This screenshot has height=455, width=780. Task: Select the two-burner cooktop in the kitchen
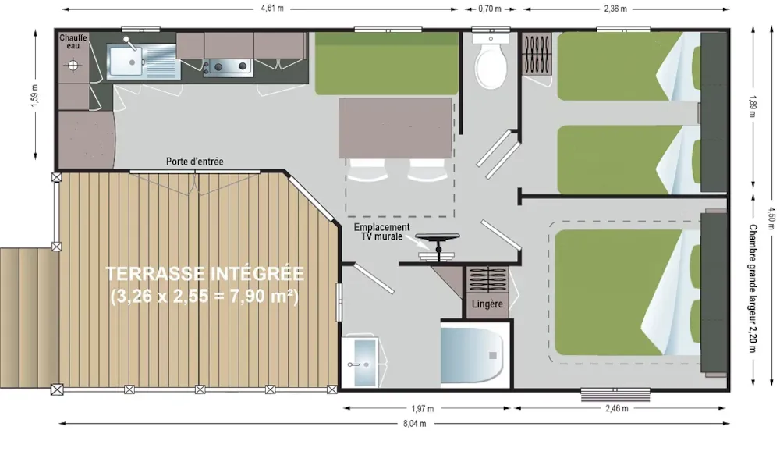click(230, 66)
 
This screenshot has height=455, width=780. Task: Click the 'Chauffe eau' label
click(73, 42)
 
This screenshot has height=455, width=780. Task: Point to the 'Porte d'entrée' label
click(194, 162)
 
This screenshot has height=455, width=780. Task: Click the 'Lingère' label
click(487, 304)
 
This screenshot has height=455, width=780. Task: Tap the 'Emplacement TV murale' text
click(382, 232)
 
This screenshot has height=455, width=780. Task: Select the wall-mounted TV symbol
click(438, 246)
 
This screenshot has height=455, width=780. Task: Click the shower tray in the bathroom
click(472, 355)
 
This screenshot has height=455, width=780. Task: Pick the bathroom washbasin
click(360, 361)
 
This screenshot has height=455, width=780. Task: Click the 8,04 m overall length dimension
click(414, 424)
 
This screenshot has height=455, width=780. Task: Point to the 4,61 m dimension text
click(272, 8)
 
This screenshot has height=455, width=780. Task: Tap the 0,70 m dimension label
click(490, 9)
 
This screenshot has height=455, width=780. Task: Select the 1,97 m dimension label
click(422, 409)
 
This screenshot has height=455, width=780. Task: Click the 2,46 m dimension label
click(617, 409)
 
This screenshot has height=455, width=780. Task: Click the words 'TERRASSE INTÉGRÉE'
click(205, 274)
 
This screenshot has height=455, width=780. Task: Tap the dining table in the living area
click(395, 128)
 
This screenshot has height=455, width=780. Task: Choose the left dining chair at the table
click(367, 170)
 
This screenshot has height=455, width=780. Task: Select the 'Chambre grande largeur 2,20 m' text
click(752, 288)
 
